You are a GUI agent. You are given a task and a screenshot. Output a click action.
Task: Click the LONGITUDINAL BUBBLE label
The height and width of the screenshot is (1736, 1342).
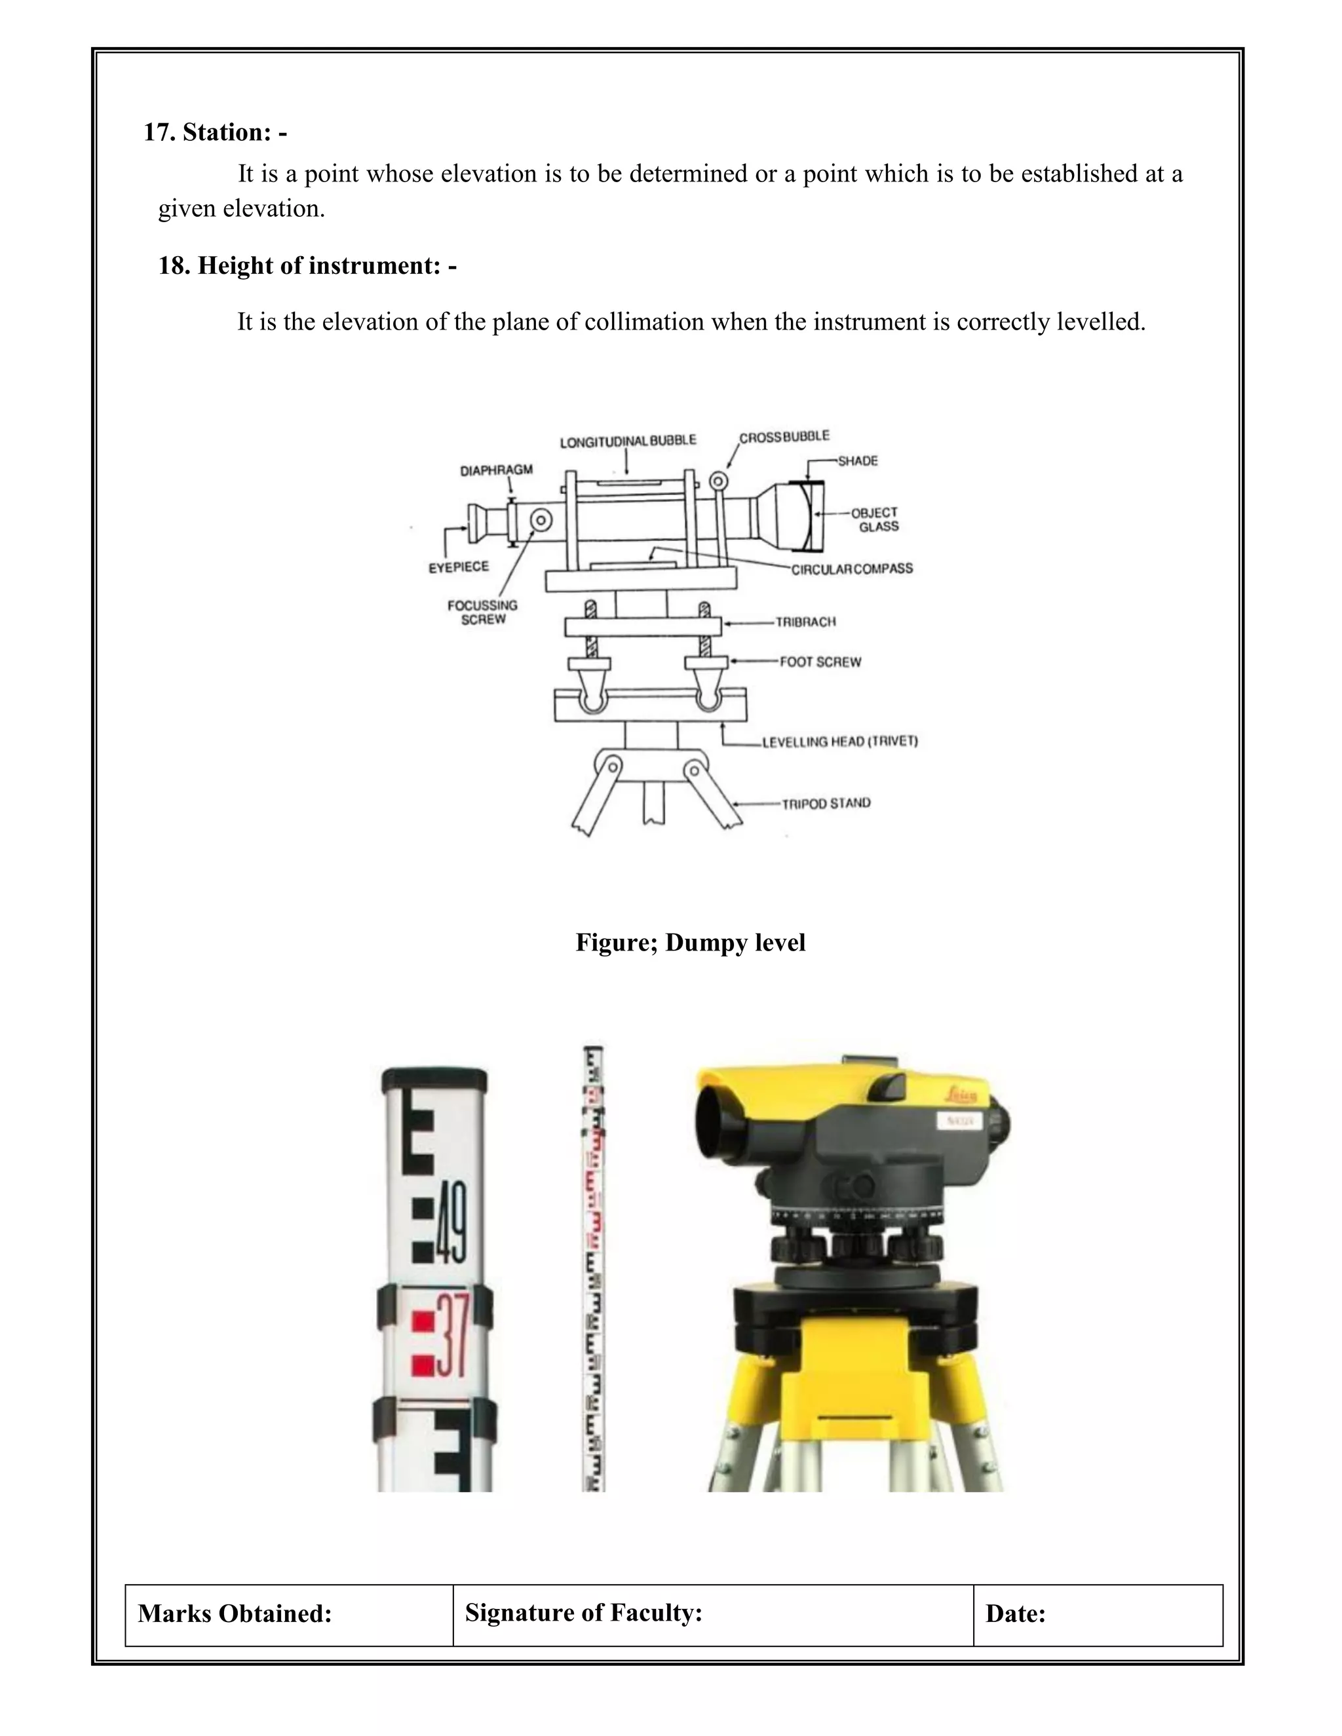coord(627,441)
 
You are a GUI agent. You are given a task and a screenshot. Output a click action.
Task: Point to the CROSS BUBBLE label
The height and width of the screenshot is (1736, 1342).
coord(784,437)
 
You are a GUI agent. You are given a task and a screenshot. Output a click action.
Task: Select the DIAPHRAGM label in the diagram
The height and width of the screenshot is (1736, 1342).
coord(496,470)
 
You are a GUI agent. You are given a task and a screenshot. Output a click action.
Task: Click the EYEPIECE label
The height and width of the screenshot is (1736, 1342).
coord(459,567)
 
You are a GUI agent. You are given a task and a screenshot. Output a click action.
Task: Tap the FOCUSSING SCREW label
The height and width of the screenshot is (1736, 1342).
coord(482,612)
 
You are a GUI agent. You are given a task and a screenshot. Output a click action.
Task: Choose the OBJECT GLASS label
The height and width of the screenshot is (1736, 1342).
coord(876,519)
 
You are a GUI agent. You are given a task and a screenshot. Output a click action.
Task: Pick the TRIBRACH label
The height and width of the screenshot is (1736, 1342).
coord(805,622)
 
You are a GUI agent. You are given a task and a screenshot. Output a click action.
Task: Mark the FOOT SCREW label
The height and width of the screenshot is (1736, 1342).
coord(820,662)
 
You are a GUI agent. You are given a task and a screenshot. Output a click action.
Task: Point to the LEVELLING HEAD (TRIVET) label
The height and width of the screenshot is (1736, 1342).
coord(839,742)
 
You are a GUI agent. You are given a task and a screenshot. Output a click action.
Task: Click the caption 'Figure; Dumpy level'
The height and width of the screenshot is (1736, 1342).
coord(690,943)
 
